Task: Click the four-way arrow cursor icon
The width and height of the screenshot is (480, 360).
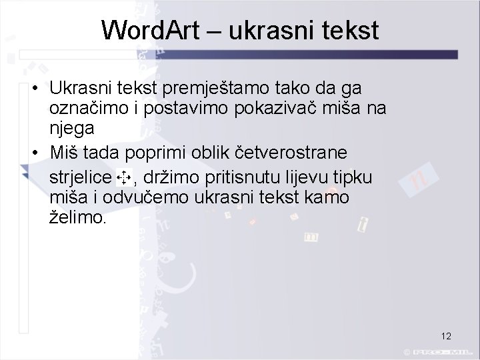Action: (123, 177)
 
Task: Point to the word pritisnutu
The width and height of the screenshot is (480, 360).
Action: (247, 177)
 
